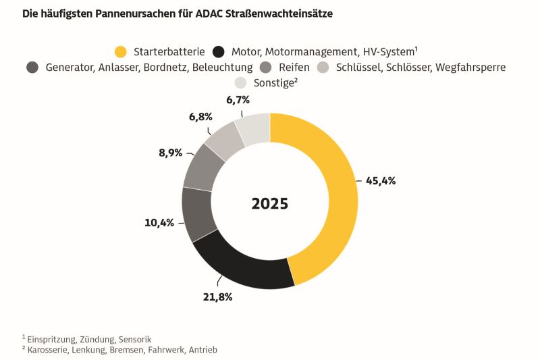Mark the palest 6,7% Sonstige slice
pyautogui.click(x=254, y=130)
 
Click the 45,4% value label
pyautogui.click(x=380, y=181)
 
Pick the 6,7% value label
pyautogui.click(x=238, y=100)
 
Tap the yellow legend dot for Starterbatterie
pyautogui.click(x=121, y=52)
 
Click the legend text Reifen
pyautogui.click(x=294, y=68)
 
